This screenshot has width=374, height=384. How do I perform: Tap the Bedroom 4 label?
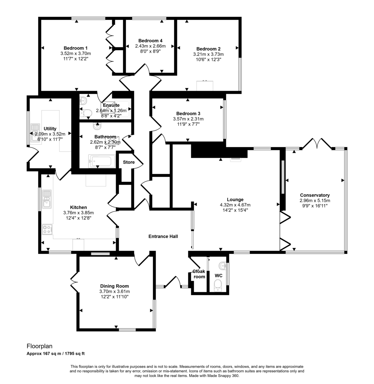(x=150, y=41)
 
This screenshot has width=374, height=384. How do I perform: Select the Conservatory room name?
(x=315, y=195)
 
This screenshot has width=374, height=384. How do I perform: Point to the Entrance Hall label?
(x=163, y=236)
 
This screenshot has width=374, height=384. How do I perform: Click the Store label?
(x=129, y=162)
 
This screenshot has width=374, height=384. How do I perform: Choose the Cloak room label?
(x=199, y=274)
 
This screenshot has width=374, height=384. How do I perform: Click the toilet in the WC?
(x=218, y=284)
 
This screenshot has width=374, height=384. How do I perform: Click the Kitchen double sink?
(x=47, y=198)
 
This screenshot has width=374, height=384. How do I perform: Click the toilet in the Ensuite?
(x=87, y=113)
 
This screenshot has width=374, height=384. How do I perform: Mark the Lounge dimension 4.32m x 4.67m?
(x=235, y=205)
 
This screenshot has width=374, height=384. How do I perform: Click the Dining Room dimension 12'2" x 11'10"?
(x=114, y=297)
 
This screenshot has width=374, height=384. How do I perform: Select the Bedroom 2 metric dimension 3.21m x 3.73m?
(x=208, y=54)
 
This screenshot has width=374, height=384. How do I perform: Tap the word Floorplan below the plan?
(x=39, y=346)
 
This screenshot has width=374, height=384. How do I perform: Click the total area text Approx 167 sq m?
(x=45, y=354)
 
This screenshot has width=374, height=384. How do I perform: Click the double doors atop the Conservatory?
(x=316, y=144)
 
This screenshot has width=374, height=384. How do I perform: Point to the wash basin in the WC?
(x=222, y=265)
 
